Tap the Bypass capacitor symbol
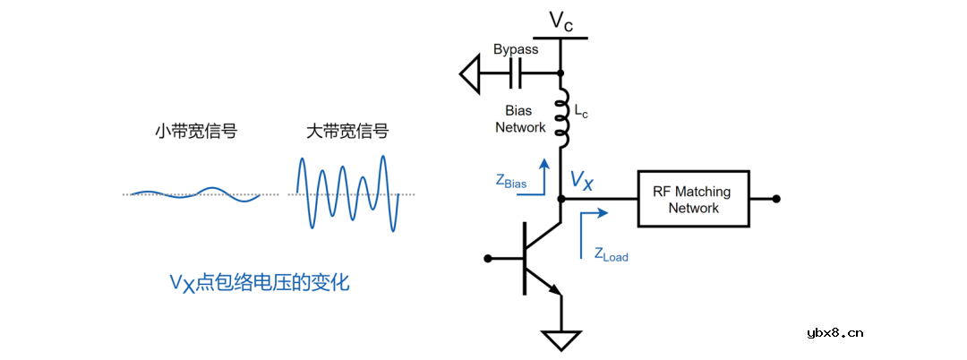pyautogui.click(x=516, y=73)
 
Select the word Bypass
pyautogui.click(x=516, y=49)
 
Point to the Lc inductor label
pyautogui.click(x=581, y=113)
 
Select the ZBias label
pyautogui.click(x=510, y=181)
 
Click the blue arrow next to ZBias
pyautogui.click(x=542, y=174)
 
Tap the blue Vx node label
pyautogui.click(x=581, y=183)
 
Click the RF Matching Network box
pyautogui.click(x=693, y=199)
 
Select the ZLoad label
pyautogui.click(x=611, y=254)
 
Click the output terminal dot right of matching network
pyautogui.click(x=776, y=199)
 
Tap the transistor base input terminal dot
pyautogui.click(x=488, y=259)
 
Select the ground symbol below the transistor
pyautogui.click(x=561, y=339)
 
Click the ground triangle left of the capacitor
pyautogui.click(x=471, y=73)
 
